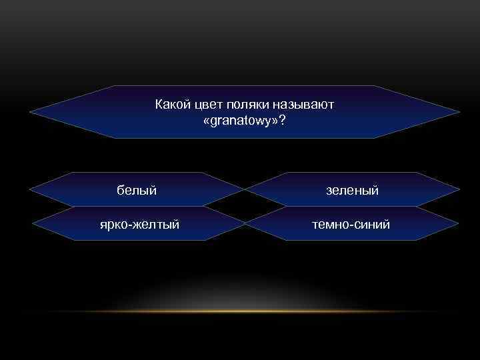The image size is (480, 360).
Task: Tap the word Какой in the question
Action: point(172,105)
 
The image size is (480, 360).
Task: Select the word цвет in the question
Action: point(209,105)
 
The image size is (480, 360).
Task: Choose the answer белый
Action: point(137,191)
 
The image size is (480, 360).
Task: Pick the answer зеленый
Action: point(352,191)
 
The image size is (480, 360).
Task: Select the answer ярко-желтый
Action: point(139,225)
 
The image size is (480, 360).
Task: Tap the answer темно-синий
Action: point(352,225)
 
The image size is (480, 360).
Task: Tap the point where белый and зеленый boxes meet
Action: point(245,190)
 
